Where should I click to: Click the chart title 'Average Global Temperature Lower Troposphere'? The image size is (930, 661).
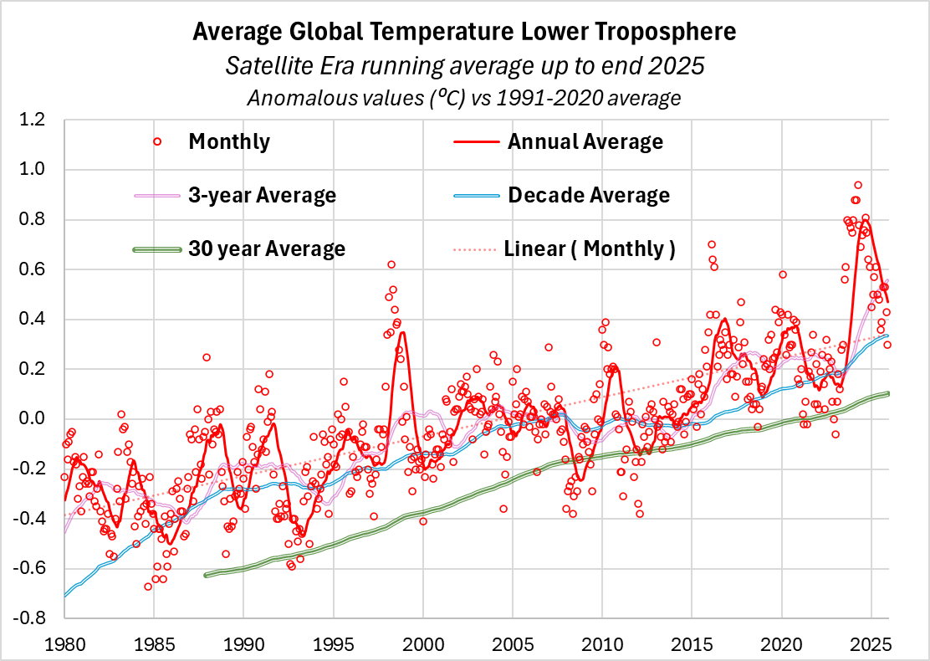[x=464, y=33]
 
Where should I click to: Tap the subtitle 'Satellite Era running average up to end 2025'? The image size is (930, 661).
[x=464, y=65]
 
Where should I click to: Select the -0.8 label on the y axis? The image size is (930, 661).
[x=40, y=617]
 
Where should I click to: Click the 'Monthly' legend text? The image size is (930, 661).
[x=229, y=141]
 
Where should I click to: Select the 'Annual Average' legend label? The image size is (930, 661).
[x=585, y=141]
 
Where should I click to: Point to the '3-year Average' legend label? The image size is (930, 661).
[x=263, y=195]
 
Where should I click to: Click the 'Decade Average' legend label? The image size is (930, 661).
[x=589, y=195]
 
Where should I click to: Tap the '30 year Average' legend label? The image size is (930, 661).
[x=267, y=249]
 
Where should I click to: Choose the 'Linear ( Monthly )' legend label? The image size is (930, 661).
[x=590, y=249]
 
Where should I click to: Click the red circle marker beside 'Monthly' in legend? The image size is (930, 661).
[x=156, y=141]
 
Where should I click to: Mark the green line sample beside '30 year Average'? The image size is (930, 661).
[x=157, y=249]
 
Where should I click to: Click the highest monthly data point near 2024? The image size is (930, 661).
[x=858, y=185]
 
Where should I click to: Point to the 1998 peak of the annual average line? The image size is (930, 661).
[x=402, y=332]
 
